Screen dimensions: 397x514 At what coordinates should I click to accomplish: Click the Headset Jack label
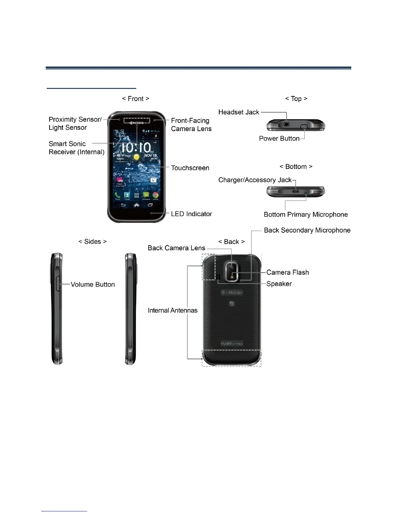(x=239, y=112)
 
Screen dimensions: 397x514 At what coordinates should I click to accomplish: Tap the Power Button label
(x=279, y=139)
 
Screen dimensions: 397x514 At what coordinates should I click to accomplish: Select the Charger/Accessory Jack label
(x=255, y=180)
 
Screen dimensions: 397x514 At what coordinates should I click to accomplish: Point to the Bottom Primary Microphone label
(x=306, y=214)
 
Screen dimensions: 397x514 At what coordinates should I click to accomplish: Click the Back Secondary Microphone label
(x=307, y=230)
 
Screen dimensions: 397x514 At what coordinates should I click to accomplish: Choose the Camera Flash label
(x=287, y=273)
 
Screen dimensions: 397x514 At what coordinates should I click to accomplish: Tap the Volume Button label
(x=93, y=285)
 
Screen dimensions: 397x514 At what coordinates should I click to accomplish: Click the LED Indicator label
(x=191, y=214)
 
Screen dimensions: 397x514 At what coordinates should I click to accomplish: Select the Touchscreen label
(x=190, y=168)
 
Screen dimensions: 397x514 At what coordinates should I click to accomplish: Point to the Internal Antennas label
(x=173, y=311)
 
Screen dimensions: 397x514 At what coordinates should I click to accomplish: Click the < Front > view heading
(x=136, y=99)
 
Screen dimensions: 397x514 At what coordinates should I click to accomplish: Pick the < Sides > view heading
(x=92, y=242)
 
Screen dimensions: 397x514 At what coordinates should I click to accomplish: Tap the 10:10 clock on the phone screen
(x=136, y=148)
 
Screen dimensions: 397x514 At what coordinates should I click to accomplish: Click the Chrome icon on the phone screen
(x=156, y=195)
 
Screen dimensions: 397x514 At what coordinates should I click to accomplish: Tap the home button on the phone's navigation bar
(x=137, y=205)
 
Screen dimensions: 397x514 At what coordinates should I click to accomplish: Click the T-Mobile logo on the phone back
(x=232, y=292)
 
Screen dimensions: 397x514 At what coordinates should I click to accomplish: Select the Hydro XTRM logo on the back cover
(x=232, y=344)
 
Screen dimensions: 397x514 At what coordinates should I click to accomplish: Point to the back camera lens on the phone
(x=232, y=267)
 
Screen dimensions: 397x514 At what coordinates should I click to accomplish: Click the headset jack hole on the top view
(x=286, y=124)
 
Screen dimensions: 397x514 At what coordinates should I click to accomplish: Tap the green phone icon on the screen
(x=117, y=195)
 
